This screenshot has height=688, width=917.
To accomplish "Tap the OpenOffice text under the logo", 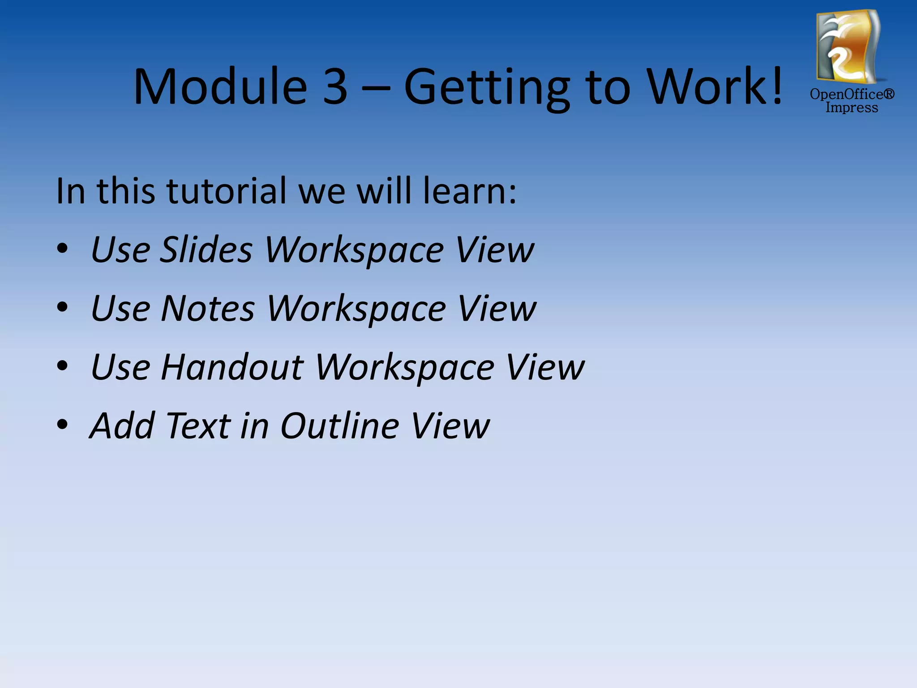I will [x=852, y=94].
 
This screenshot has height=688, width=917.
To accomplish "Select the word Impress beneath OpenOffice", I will [x=852, y=108].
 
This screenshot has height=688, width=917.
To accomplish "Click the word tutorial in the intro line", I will [x=227, y=191].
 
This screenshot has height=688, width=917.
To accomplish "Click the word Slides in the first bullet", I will [x=206, y=249].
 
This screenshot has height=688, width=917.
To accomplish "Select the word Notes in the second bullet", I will [x=208, y=308].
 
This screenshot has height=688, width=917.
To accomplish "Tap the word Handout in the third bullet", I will [x=232, y=367].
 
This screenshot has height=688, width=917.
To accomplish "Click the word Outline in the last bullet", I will [x=339, y=426].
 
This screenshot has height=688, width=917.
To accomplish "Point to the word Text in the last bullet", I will [x=198, y=426].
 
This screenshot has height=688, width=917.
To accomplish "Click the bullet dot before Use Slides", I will [x=62, y=249].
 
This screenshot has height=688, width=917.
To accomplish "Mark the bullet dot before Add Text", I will [x=62, y=424].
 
